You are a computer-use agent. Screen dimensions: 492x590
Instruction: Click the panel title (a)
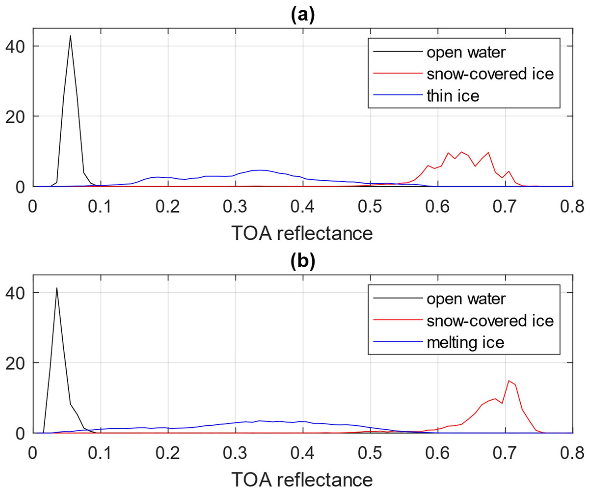coord(302,16)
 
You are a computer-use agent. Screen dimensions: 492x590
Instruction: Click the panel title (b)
coord(302,262)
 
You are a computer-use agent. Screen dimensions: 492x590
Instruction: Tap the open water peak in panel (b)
coord(57,288)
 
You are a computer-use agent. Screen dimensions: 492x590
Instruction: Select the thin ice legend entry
coord(453,96)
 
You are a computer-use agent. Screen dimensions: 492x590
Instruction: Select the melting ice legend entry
coord(465,342)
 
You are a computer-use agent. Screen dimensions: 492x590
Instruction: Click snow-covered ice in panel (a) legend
coord(490,74)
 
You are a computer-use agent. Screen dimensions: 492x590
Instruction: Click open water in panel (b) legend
coord(466,299)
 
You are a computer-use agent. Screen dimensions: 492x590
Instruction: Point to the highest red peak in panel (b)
coord(509,381)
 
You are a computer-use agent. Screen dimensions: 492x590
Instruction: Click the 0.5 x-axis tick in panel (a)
coord(370,207)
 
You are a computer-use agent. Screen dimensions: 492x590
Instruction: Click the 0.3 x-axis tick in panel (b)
coord(235,453)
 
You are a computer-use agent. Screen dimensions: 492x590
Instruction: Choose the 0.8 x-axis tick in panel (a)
coord(572,207)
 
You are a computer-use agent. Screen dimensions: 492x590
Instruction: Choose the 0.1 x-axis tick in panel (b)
coord(100,453)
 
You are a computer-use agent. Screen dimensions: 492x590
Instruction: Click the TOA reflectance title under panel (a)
coord(302,233)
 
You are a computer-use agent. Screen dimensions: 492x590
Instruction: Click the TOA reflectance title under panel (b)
coord(302,480)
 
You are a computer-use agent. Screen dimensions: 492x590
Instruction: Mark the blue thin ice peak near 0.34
coord(260,170)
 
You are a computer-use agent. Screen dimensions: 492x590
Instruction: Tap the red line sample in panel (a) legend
coord(398,73)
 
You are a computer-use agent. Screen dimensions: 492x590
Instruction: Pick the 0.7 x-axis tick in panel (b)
coord(505,453)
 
